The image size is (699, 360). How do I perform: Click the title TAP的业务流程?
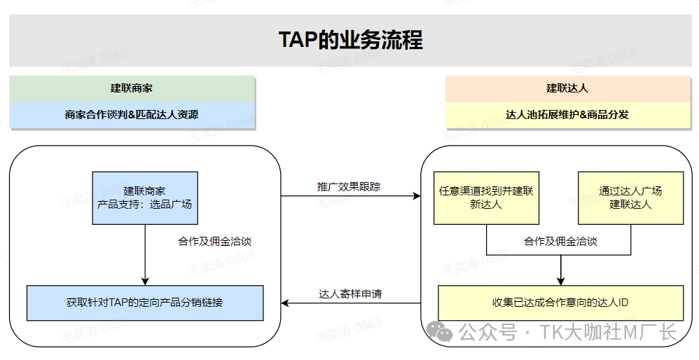click(350, 39)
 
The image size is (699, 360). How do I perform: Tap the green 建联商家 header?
click(132, 88)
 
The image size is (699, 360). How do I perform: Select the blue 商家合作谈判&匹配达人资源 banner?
click(132, 114)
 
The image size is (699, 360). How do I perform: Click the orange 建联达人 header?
click(567, 88)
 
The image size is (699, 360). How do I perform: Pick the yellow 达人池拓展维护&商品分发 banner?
click(567, 114)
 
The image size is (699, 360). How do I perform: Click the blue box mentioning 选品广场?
click(145, 198)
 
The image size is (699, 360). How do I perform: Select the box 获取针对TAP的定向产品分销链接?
click(145, 303)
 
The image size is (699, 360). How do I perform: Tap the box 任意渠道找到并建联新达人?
click(486, 198)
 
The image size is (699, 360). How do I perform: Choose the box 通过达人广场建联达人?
click(630, 198)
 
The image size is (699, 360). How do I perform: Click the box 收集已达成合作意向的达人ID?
click(560, 303)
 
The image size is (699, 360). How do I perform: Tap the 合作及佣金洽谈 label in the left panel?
click(214, 241)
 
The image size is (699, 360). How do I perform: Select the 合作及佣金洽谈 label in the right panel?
click(560, 241)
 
